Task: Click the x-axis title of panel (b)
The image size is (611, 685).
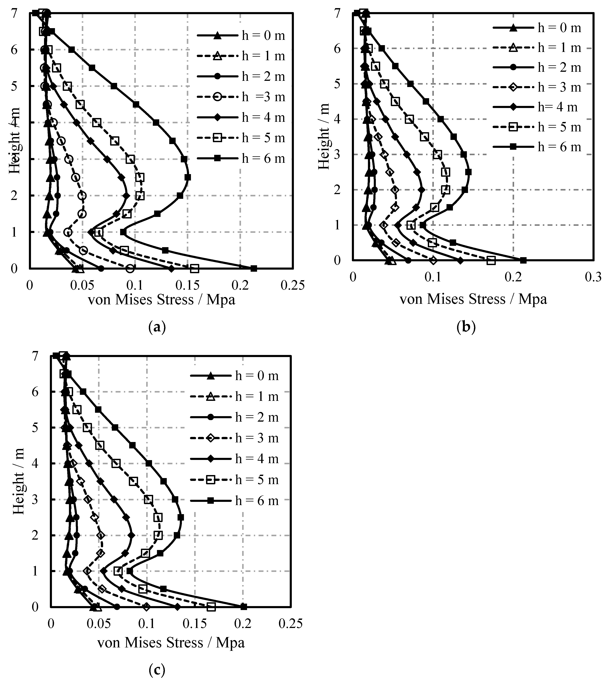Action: click(473, 299)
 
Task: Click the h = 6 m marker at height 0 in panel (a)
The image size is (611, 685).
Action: click(254, 268)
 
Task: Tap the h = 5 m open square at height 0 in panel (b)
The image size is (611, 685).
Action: click(491, 260)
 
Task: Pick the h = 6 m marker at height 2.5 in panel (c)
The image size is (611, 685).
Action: click(181, 517)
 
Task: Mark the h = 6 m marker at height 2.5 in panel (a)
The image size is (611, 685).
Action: click(188, 177)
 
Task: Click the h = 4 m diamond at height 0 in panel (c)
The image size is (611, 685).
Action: click(178, 607)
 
